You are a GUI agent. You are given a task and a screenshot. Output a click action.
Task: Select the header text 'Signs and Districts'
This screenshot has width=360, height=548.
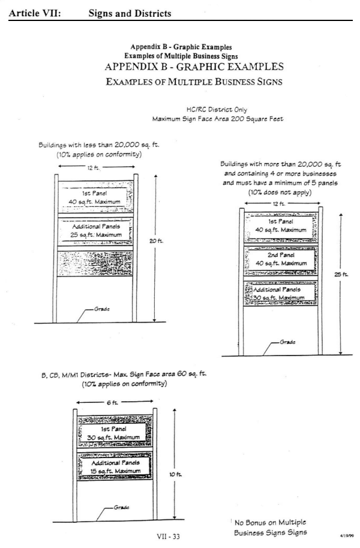130,11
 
